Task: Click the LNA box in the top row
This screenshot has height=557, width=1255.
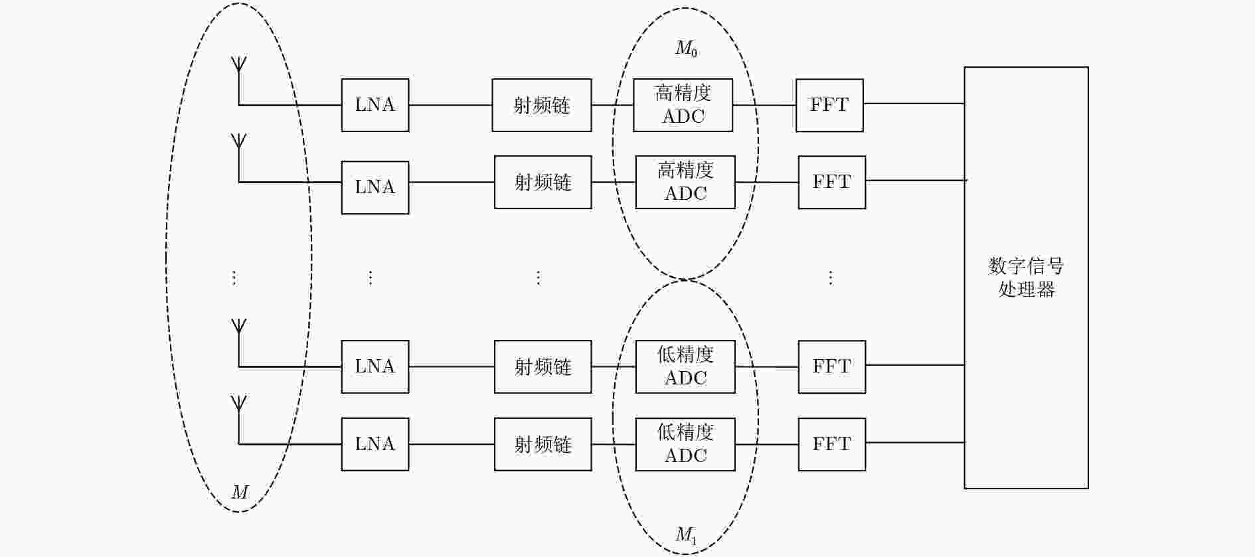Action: [375, 105]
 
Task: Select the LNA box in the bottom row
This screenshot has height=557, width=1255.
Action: [375, 444]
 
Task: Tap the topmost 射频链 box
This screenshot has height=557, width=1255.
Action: [542, 105]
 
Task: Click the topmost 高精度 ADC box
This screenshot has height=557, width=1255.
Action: [683, 105]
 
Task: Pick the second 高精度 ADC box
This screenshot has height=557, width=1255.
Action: [685, 182]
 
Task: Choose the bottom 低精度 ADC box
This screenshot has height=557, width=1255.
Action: [685, 444]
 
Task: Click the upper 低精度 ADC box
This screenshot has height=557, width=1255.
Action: [685, 366]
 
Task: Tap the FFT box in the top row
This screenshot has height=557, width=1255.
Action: [829, 105]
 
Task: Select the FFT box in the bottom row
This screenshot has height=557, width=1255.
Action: [832, 444]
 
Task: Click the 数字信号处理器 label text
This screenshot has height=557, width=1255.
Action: [1027, 278]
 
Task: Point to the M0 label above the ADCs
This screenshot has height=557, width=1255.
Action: [687, 48]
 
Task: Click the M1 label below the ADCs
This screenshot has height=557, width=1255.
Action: [687, 535]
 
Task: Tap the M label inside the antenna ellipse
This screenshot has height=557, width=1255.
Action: [240, 492]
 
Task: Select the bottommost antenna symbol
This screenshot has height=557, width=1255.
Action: [238, 420]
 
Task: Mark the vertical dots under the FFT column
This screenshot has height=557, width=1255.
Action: [830, 278]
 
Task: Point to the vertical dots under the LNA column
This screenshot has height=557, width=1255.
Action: [371, 278]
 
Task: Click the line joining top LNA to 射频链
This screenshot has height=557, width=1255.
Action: [450, 105]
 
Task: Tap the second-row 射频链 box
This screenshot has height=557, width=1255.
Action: [543, 182]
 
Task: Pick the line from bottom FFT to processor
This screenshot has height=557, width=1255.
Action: [915, 442]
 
